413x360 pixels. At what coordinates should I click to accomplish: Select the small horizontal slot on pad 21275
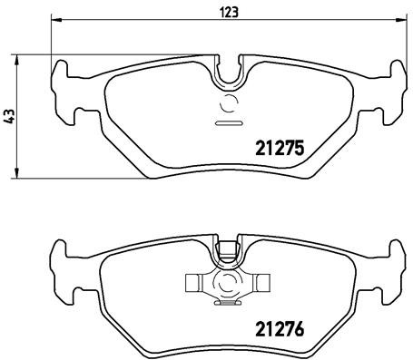coord(226,122)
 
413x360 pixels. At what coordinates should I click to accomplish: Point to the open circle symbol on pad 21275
coord(226,102)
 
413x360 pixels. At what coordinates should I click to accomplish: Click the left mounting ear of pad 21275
coord(62,91)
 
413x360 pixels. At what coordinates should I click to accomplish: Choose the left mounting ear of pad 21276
coord(62,268)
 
